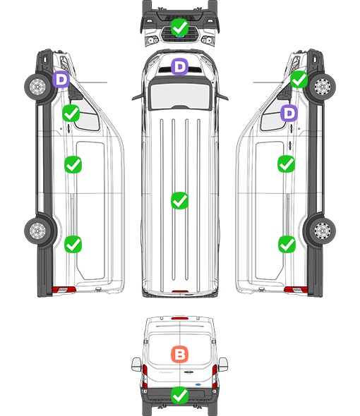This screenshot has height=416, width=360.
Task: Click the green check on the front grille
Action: tap(179, 27)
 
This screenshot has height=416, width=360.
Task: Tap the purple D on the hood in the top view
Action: tap(179, 66)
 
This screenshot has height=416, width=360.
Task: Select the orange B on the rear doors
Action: tap(179, 354)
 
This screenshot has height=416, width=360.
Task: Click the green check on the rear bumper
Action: tap(179, 396)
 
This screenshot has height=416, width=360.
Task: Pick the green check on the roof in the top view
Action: tap(179, 200)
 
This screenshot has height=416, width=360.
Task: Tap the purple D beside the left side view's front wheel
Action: tap(61, 79)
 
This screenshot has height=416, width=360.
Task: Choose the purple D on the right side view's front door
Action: tap(289, 113)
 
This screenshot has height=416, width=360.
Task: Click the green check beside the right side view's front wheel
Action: tap(299, 79)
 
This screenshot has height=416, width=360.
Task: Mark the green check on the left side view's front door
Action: tap(71, 113)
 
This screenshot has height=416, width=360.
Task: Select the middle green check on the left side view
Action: tap(73, 165)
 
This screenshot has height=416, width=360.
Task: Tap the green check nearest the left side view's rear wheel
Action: tap(73, 244)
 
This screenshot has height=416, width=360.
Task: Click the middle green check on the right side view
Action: tap(287, 164)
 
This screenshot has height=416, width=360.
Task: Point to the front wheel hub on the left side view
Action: tap(37, 87)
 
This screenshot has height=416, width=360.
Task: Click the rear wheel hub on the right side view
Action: tap(323, 231)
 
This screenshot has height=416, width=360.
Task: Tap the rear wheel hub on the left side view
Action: tap(37, 231)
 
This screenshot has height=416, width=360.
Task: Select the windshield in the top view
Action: tap(180, 95)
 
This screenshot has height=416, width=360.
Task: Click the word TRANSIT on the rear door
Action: tap(166, 372)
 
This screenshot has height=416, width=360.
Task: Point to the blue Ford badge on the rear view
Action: tap(198, 384)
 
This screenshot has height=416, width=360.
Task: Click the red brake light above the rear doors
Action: tap(180, 318)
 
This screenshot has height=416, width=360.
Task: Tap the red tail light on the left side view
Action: tap(64, 290)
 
